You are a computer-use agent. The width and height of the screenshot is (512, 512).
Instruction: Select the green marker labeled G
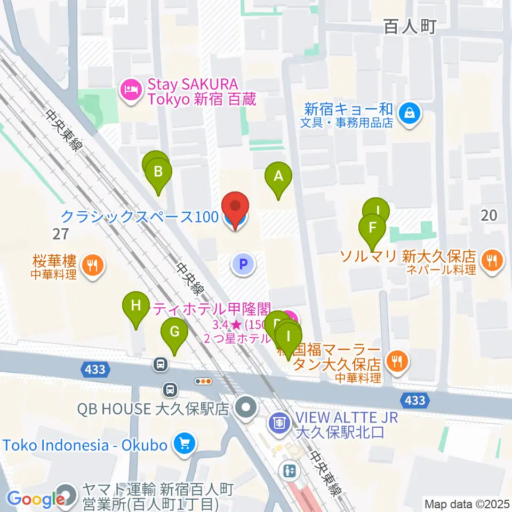[x=174, y=332]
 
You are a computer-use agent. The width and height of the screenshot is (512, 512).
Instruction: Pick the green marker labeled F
[x=372, y=228]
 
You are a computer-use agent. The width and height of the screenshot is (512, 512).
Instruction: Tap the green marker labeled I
[x=289, y=338]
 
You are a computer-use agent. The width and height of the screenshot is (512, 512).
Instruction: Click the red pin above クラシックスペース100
[x=235, y=206]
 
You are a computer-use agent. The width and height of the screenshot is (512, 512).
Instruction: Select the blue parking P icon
[x=243, y=263]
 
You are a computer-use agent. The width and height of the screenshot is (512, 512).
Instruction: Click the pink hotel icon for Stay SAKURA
[x=131, y=91]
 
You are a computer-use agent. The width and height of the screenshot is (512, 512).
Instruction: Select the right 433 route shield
[x=414, y=401]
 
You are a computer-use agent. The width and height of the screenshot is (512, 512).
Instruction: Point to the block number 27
[x=61, y=233]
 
